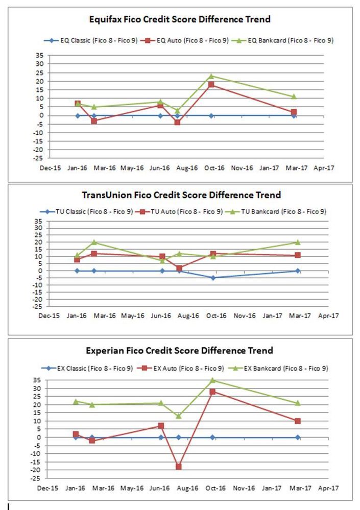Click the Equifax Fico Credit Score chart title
click(x=180, y=19)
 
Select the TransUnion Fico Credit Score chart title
click(x=181, y=195)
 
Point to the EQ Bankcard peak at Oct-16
click(x=211, y=76)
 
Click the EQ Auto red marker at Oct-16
click(x=211, y=85)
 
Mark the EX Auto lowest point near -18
click(x=179, y=467)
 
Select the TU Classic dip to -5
click(x=213, y=278)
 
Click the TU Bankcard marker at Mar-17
click(x=298, y=242)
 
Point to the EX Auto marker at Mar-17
click(x=297, y=421)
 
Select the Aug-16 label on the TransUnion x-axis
click(x=188, y=315)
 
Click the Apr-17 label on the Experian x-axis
click(x=328, y=488)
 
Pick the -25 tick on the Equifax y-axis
click(x=38, y=158)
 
